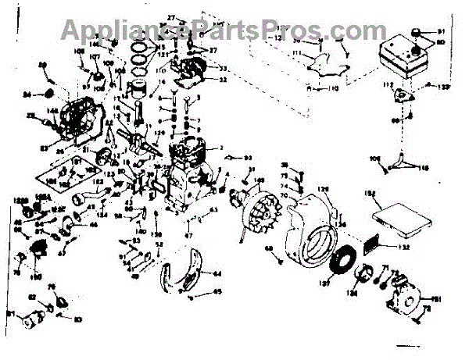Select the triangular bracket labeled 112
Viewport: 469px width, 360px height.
(401, 93)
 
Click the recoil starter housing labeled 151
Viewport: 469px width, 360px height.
(404, 298)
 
